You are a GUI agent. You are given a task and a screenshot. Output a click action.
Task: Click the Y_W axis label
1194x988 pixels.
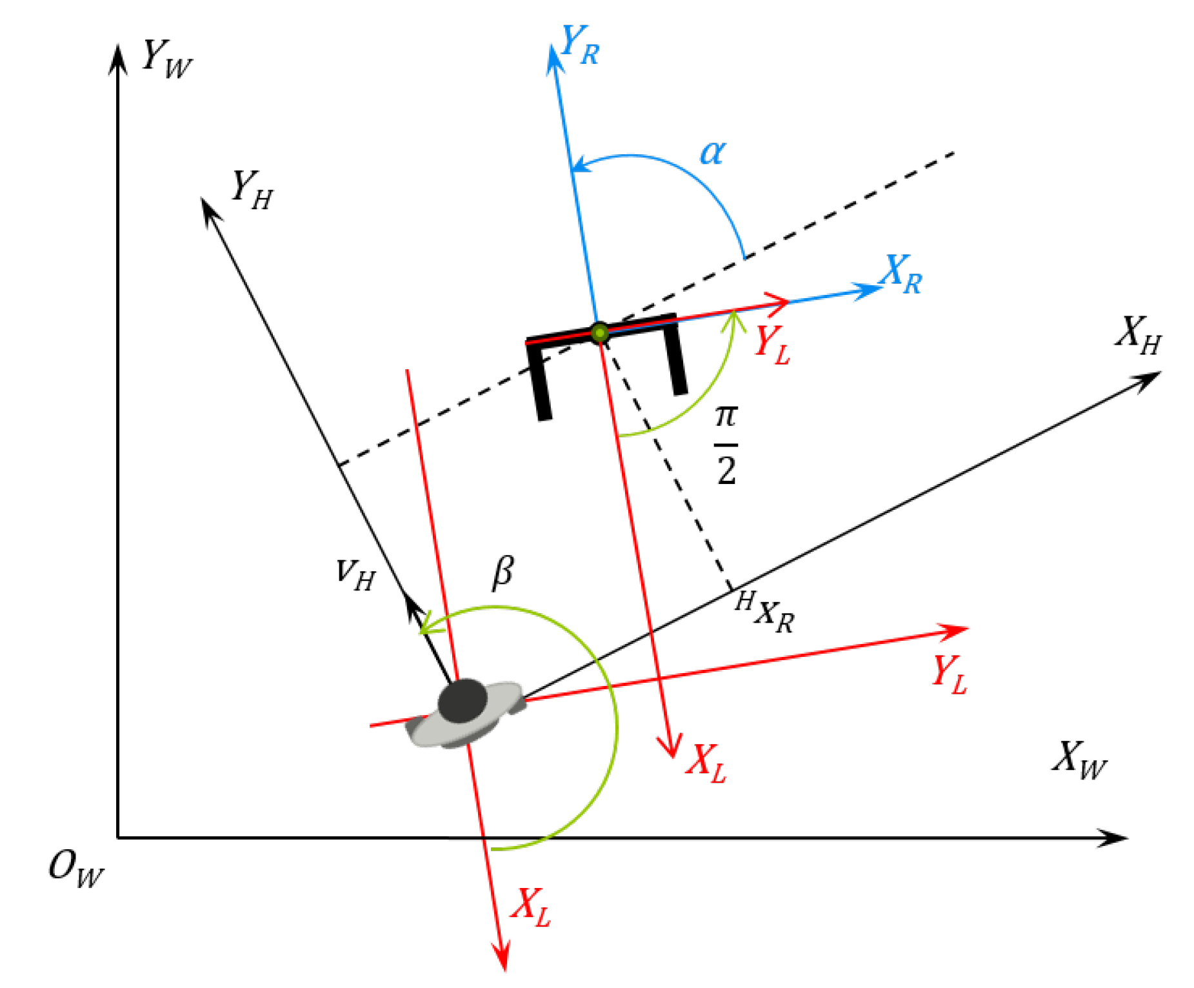(166, 60)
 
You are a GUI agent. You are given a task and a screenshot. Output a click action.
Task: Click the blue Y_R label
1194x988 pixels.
(580, 45)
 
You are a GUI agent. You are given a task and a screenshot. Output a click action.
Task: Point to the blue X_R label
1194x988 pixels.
(902, 274)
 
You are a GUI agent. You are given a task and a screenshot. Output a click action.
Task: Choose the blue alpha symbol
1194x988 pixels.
(712, 153)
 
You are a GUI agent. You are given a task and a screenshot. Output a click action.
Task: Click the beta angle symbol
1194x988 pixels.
(503, 571)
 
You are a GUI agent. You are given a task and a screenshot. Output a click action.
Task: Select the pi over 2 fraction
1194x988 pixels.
(726, 445)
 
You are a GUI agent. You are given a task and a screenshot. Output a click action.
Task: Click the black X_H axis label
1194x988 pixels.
(1139, 336)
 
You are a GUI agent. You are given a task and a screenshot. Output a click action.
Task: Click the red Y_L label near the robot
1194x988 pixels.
(772, 345)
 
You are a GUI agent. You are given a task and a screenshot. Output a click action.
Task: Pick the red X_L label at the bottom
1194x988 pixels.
(531, 907)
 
